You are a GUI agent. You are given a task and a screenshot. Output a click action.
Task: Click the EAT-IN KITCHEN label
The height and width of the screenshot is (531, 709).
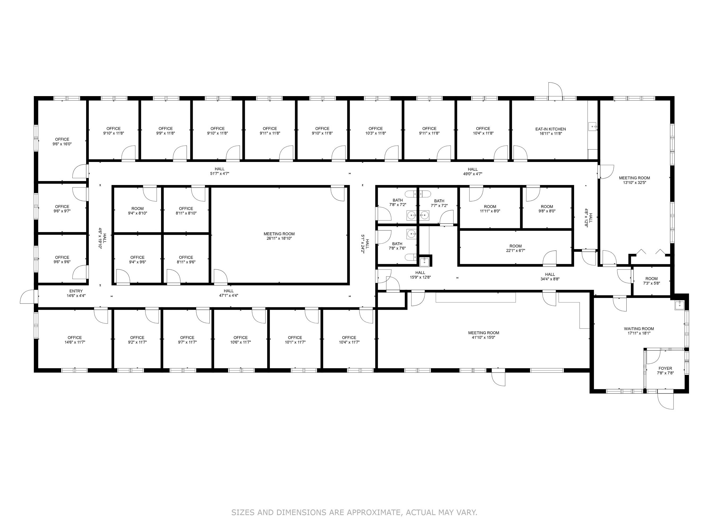[x=550, y=129]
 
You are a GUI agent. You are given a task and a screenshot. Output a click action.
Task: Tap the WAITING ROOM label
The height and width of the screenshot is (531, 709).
[x=639, y=329]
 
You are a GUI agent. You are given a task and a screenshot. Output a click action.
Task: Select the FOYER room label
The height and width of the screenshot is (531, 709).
[x=665, y=369]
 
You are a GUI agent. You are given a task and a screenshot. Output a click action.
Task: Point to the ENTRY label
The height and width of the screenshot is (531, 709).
[x=76, y=291]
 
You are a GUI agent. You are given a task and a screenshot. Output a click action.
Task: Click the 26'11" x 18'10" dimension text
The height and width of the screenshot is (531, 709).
[x=279, y=238]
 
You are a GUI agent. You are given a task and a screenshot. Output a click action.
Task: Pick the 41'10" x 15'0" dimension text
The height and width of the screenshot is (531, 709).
[x=483, y=337]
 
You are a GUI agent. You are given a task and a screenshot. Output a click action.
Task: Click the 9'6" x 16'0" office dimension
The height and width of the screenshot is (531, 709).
[x=62, y=144]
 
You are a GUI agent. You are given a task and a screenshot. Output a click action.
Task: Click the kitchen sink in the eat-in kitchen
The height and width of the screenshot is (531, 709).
[x=593, y=127]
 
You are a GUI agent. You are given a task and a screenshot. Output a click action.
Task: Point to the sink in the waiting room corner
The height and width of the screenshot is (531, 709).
[x=679, y=305]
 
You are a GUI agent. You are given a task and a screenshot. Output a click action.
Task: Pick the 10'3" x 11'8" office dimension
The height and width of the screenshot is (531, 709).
[x=375, y=133]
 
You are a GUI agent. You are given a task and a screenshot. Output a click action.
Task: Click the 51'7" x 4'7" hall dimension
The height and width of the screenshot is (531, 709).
[x=220, y=173]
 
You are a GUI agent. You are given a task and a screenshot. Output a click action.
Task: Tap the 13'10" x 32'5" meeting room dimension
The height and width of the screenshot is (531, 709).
[x=634, y=182]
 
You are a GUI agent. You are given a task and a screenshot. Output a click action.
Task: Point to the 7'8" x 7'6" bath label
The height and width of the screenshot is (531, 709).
[x=397, y=248]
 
